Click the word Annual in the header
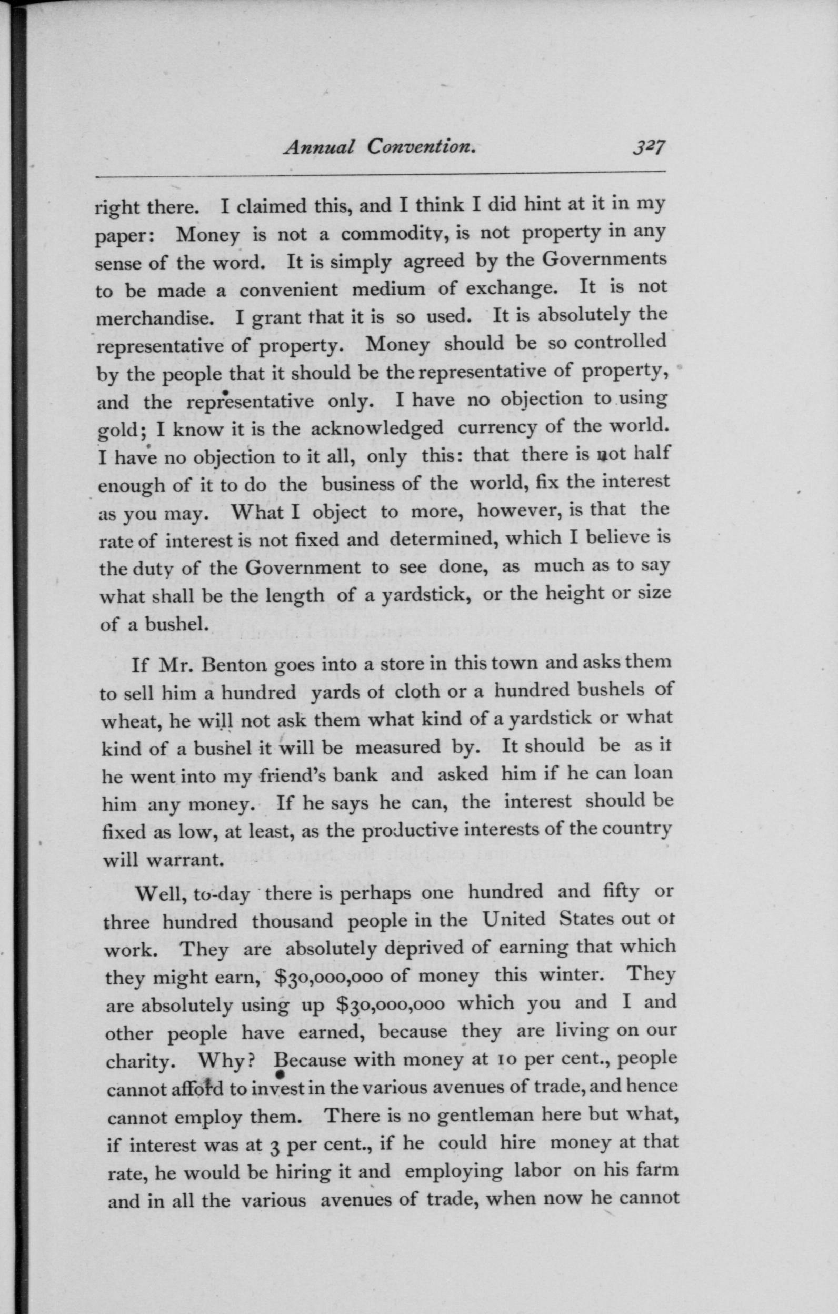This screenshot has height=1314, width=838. tap(319, 147)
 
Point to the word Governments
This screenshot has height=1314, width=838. tap(604, 258)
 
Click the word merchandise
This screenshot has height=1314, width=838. tap(154, 318)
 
